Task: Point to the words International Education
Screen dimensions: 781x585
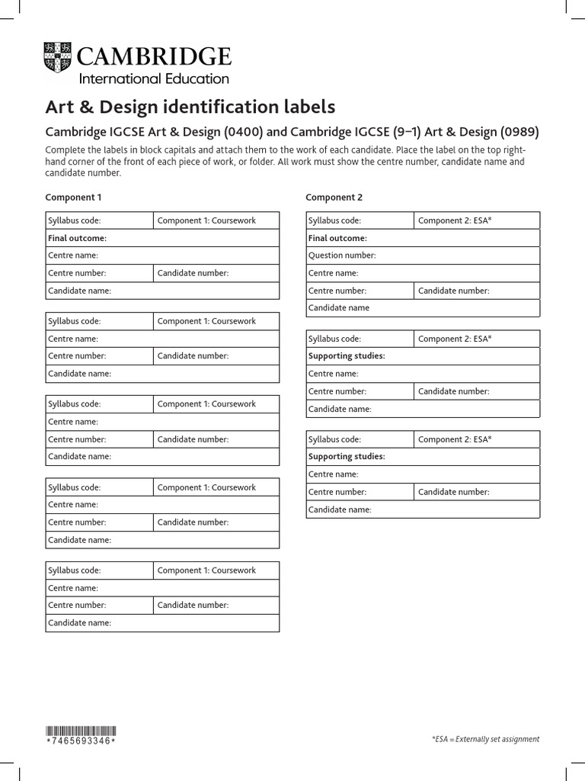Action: tap(154, 79)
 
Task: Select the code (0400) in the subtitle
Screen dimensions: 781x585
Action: tap(243, 132)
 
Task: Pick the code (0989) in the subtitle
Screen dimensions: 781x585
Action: tap(519, 132)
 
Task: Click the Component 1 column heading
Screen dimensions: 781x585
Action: tap(73, 198)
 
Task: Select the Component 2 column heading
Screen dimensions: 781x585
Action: tap(334, 198)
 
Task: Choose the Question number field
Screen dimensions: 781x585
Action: tap(342, 256)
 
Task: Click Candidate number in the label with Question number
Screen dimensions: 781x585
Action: tap(453, 291)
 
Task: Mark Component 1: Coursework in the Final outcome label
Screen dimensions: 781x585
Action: tap(206, 220)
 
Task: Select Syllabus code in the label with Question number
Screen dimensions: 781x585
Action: tap(334, 220)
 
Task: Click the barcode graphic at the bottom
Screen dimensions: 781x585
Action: tap(82, 729)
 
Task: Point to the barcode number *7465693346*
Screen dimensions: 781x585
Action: tap(82, 741)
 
